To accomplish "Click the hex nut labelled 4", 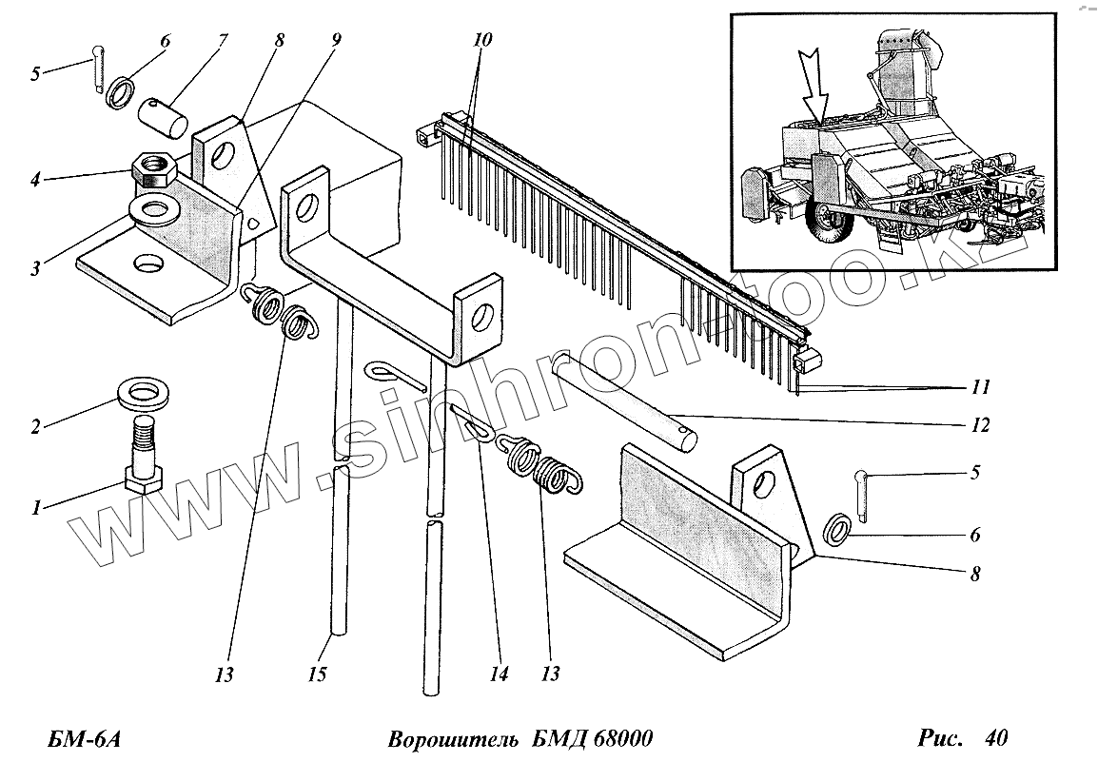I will [x=153, y=169].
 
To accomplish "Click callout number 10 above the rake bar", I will [x=482, y=40].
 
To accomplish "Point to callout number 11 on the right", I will [x=981, y=388].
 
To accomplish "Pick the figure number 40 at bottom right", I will [x=996, y=737].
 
